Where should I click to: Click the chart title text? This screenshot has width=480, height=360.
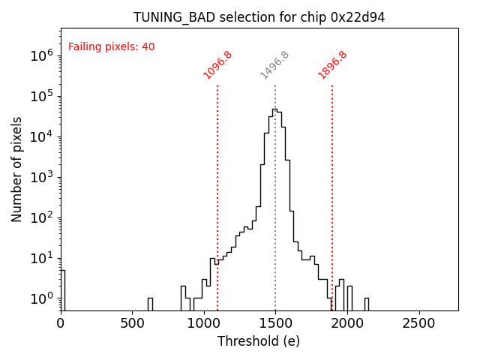[259, 17]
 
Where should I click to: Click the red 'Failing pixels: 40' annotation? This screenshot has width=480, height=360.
[111, 46]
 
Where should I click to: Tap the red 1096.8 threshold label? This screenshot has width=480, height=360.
[217, 65]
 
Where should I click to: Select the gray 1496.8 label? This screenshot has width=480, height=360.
[274, 65]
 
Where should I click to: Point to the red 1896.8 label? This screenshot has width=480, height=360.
[332, 65]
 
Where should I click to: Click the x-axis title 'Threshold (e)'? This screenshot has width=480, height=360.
[259, 341]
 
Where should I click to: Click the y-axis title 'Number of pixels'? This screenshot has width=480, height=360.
[17, 169]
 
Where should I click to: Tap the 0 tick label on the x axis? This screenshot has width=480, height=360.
[61, 323]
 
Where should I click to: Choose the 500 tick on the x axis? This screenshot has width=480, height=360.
[132, 323]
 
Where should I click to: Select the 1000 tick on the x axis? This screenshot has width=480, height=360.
[203, 323]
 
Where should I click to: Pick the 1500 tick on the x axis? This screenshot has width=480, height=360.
[275, 323]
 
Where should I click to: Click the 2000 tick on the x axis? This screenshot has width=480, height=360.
[346, 323]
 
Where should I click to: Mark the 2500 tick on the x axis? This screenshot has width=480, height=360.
[418, 323]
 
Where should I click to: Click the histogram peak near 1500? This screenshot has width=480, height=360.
[274, 110]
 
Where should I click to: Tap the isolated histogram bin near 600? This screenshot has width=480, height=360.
[150, 303]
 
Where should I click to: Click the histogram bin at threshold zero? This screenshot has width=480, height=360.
[62, 289]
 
